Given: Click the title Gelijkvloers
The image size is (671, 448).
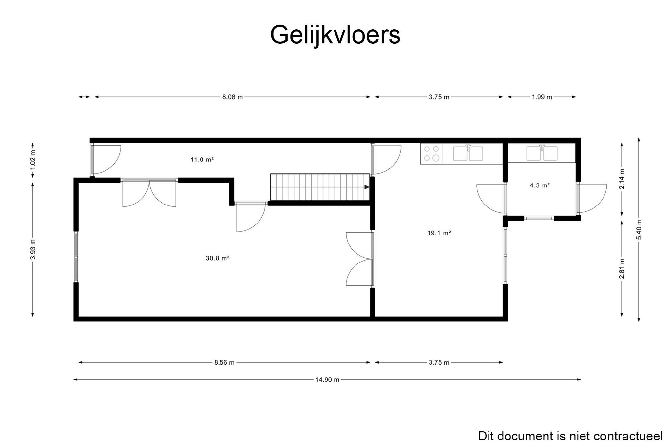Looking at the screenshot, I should [335, 35].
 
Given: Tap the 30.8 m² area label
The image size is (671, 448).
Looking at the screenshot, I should [217, 258].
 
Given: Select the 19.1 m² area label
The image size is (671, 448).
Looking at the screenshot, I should [439, 233].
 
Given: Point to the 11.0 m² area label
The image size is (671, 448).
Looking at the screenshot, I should [202, 160].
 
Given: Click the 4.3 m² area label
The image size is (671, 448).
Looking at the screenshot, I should [540, 185].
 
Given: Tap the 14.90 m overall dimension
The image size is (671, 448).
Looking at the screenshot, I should [327, 380].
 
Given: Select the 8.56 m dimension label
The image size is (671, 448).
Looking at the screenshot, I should [224, 363].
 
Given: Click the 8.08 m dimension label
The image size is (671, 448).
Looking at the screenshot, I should [233, 97].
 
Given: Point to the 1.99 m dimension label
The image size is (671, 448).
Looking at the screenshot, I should [542, 97].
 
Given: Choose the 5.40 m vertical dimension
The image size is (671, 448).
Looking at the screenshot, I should [639, 229].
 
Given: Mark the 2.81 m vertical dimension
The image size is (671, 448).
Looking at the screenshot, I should [622, 269].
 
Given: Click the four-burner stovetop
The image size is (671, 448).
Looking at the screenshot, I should [431, 154].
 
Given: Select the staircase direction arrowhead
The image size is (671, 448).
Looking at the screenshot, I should [367, 187].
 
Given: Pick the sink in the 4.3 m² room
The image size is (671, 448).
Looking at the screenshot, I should [542, 153].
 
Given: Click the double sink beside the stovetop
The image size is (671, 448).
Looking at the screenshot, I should [468, 153].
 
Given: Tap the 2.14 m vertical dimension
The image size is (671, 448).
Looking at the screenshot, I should [622, 179].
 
